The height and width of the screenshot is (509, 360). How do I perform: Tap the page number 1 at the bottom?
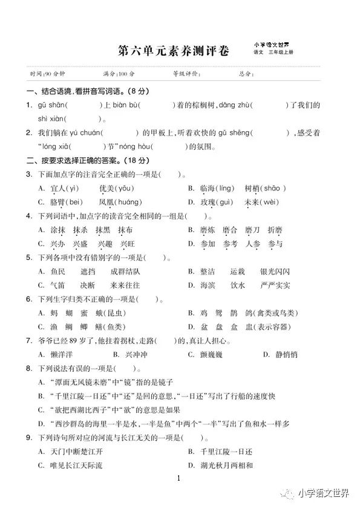pyautogui.click(x=179, y=479)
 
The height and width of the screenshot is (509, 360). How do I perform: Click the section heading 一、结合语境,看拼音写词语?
pyautogui.click(x=77, y=92)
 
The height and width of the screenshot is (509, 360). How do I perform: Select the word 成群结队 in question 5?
pyautogui.click(x=126, y=271)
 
